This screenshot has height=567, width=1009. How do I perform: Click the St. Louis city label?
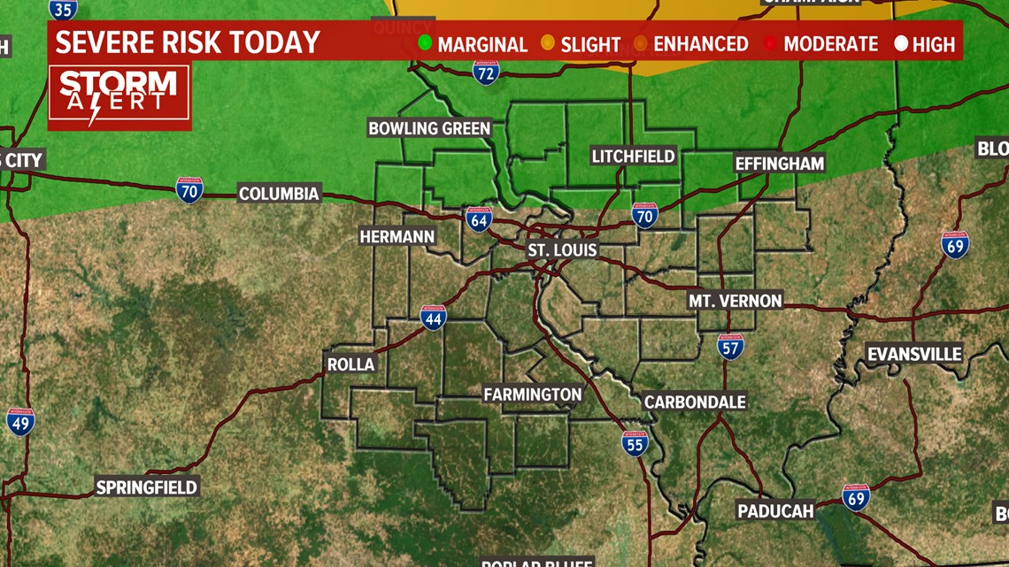point(562,250)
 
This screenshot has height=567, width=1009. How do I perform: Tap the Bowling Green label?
point(429,128)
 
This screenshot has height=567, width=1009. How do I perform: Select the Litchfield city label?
point(633,157)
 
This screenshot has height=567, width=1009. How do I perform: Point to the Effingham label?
point(779,164)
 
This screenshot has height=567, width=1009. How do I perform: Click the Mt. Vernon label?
point(736,301)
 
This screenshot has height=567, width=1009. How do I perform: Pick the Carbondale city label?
point(695,402)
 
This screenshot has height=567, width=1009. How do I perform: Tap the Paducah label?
point(775,511)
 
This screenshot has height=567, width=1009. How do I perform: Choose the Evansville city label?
point(914,354)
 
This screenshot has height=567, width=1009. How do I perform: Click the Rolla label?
point(351,364)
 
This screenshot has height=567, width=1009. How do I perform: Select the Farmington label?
point(533,395)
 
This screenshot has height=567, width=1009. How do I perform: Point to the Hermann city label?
point(397,236)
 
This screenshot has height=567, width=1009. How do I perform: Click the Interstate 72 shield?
point(485,73)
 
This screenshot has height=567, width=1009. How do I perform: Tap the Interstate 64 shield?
point(479,218)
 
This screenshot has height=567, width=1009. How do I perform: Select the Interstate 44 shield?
point(433,317)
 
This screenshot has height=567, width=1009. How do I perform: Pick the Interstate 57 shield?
point(730,347)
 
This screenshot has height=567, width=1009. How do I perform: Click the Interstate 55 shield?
point(634,442)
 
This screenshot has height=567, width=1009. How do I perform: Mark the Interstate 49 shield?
point(19,421)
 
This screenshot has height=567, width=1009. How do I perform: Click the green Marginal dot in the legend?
point(425,42)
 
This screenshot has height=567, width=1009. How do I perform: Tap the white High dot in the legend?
point(901,42)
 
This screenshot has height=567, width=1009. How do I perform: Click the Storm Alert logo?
point(119,96)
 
